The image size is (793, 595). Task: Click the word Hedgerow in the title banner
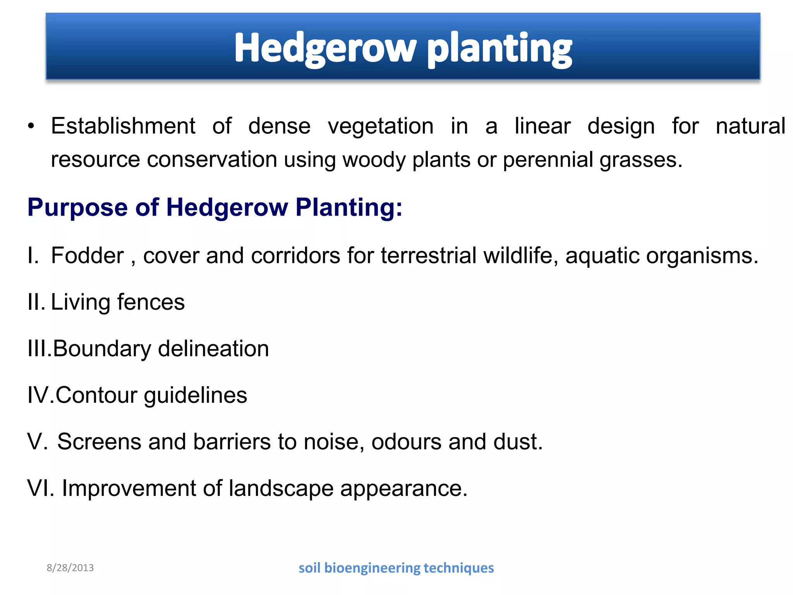324,48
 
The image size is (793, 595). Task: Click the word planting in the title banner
499,48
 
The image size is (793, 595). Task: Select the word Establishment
123,126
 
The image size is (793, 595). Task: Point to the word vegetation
380,127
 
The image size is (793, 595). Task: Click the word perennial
548,160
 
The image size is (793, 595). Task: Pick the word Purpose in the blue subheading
77,207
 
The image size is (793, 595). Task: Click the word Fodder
87,256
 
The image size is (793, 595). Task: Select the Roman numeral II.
35,302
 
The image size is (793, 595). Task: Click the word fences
151,302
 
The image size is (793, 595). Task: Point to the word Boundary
102,349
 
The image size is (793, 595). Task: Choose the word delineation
213,349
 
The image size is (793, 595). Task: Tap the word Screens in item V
99,442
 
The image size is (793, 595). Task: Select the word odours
406,442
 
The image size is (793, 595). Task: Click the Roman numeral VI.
40,488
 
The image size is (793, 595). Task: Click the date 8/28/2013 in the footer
70,568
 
